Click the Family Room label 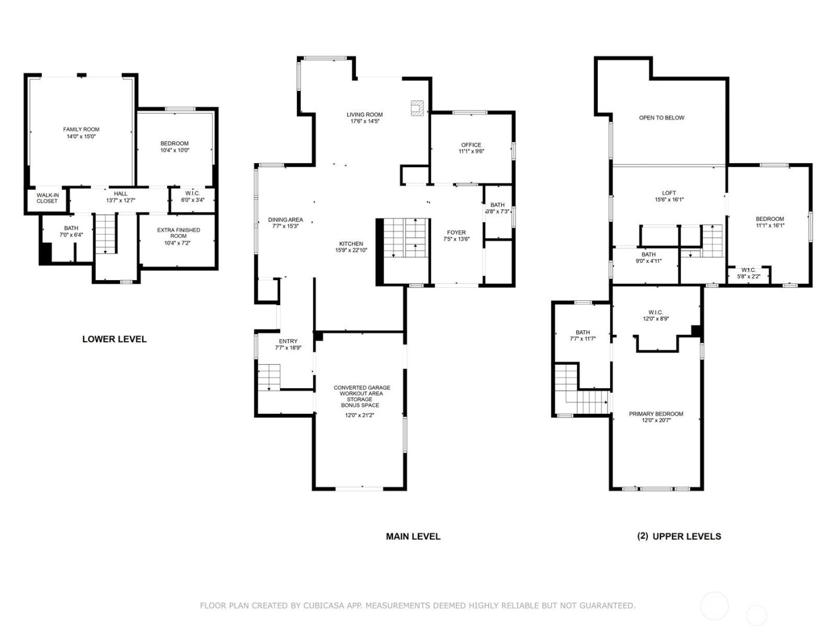tap(81, 129)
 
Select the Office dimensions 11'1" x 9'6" tap(471, 152)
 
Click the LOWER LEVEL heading tap(114, 339)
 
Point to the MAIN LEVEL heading tap(413, 536)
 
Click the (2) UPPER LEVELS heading tap(679, 536)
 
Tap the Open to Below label tap(662, 118)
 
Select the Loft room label tap(669, 193)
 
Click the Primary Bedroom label tap(656, 414)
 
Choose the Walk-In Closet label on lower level tap(47, 198)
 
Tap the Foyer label tap(456, 233)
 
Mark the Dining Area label tap(285, 220)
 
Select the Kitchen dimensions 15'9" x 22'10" tap(351, 251)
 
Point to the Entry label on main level tap(288, 342)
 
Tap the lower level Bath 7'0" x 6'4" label tap(71, 228)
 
